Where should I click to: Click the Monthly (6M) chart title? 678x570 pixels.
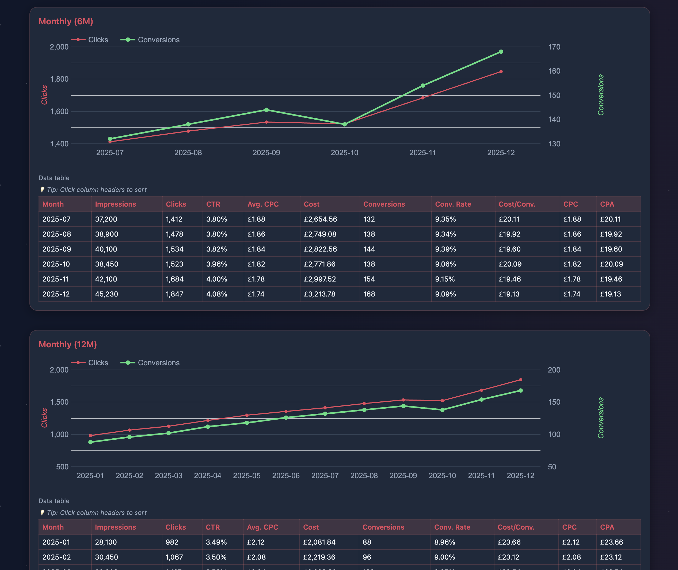tap(66, 21)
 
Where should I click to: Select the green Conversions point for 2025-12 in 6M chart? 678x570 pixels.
tap(501, 52)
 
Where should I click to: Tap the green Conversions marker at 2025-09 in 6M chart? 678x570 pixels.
tap(266, 110)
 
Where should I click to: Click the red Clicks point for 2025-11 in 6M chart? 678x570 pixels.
tap(422, 98)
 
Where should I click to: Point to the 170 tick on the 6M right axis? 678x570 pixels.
tap(554, 47)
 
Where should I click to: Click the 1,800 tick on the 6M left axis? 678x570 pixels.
tap(59, 79)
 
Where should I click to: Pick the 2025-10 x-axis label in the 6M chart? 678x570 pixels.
tap(344, 153)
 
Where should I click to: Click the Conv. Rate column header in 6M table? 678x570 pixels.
tap(453, 204)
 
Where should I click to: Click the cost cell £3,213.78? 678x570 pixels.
tap(319, 294)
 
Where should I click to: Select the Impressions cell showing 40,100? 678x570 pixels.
tap(106, 249)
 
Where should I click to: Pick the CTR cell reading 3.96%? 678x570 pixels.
tap(216, 264)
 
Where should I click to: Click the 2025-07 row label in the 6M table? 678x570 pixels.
tap(56, 219)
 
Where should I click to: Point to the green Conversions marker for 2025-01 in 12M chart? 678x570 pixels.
tap(90, 442)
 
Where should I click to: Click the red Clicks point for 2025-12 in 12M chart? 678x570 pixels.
tap(520, 380)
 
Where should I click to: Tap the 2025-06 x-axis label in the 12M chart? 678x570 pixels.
tap(285, 476)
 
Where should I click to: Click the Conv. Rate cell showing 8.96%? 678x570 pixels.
tap(444, 542)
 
